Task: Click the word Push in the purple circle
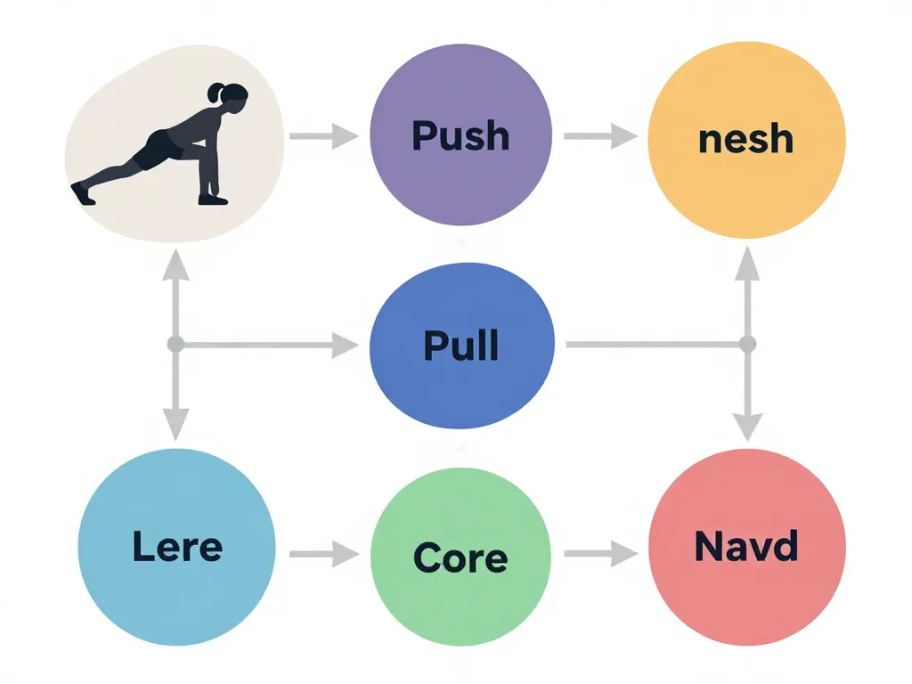[x=460, y=136]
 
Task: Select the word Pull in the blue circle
[x=460, y=345]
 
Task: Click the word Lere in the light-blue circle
[x=177, y=546]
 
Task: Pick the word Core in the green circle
[x=460, y=558]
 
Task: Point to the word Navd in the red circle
[x=746, y=546]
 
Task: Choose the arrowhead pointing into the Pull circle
[x=346, y=345]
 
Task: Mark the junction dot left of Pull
[x=175, y=344]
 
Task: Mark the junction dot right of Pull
[x=747, y=344]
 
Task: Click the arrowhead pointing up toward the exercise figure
[x=175, y=264]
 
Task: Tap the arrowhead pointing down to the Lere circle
[x=175, y=422]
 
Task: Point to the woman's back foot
[x=82, y=192]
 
